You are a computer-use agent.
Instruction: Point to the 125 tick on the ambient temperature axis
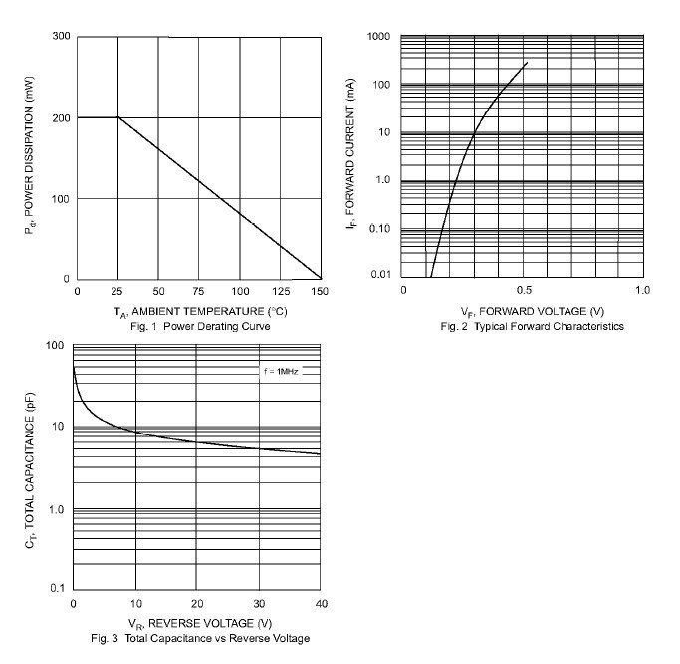[280, 291]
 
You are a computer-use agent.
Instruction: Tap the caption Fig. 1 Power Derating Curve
[199, 326]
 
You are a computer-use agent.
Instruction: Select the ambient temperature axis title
[199, 312]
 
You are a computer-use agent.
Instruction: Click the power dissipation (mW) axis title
[30, 157]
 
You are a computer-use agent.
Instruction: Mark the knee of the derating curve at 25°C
[118, 117]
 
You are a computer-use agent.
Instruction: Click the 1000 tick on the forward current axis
[377, 37]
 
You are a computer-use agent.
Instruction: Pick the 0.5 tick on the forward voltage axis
[523, 290]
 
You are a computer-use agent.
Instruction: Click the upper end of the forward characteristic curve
[527, 63]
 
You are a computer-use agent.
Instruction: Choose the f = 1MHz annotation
[282, 370]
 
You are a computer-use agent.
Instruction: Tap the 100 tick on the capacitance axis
[56, 346]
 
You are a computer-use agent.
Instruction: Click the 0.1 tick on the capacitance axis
[58, 589]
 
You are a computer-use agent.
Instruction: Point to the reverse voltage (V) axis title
[199, 624]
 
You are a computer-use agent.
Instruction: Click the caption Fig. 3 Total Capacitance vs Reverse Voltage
[199, 638]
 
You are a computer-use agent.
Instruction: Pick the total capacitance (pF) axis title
[30, 468]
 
